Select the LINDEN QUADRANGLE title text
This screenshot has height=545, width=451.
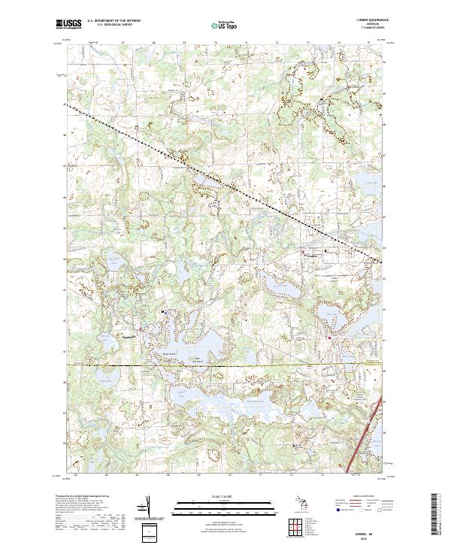(x=368, y=20)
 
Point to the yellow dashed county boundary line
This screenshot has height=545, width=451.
(x=225, y=365)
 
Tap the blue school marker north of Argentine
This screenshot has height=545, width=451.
(x=164, y=310)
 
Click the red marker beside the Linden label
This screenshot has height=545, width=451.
(x=303, y=252)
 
